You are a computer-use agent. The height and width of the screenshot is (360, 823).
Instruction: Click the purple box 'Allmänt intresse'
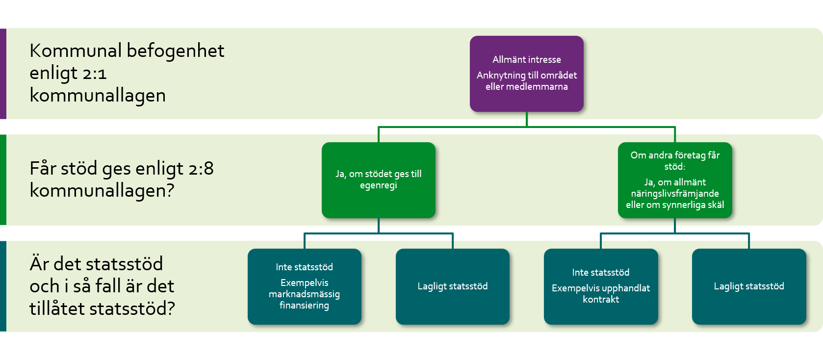pos(526,74)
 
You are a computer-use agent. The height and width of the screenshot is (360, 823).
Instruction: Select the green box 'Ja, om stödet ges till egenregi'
pos(378,180)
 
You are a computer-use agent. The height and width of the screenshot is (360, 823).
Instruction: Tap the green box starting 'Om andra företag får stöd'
pos(674,180)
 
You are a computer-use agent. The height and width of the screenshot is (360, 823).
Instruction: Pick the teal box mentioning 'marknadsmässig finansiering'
pos(304,286)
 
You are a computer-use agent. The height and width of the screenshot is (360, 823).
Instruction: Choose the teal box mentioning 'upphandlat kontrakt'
pos(600,286)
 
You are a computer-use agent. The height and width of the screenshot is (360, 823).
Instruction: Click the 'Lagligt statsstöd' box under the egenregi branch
pos(452,286)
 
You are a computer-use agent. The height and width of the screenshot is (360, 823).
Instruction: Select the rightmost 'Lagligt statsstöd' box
pos(748,286)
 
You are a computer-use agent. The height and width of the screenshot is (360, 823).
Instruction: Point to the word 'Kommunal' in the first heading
pos(76,51)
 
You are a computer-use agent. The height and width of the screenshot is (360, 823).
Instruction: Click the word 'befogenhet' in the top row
pos(176,51)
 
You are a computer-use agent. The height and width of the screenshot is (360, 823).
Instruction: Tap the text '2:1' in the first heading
pos(94,74)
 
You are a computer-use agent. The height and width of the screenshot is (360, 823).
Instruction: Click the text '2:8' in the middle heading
pos(201,169)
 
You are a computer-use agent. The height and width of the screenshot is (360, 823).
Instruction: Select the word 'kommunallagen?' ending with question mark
pos(102,190)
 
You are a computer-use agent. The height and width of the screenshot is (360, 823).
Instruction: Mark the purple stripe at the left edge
pos(3,74)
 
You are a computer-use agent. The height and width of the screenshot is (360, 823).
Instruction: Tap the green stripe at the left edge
pos(3,180)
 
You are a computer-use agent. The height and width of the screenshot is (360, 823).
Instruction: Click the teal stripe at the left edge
pos(3,286)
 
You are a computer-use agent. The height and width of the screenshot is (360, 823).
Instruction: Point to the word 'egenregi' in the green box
pos(378,185)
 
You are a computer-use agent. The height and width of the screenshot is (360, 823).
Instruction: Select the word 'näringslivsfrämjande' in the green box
pos(675,194)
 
